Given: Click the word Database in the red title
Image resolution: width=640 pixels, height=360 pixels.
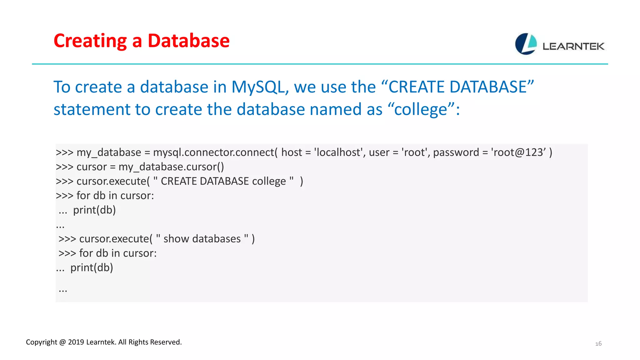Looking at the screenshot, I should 188,41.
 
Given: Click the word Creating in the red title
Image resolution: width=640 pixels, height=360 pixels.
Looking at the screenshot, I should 90,41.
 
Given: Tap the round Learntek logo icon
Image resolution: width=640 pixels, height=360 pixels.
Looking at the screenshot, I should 526,44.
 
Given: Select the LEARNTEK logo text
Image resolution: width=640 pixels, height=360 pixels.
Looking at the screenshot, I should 573,47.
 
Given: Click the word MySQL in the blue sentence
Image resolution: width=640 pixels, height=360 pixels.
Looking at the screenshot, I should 258,87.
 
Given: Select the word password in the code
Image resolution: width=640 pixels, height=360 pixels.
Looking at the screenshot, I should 456,152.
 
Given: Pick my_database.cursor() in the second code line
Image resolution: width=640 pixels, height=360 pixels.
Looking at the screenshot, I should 171,167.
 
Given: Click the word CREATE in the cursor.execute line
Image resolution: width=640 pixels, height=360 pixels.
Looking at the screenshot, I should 178,181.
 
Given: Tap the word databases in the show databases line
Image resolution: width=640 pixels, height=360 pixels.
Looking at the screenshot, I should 216,239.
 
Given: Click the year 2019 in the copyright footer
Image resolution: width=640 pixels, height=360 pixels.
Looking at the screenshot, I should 76,342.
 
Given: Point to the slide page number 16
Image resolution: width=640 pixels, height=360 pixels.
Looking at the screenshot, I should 598,344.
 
